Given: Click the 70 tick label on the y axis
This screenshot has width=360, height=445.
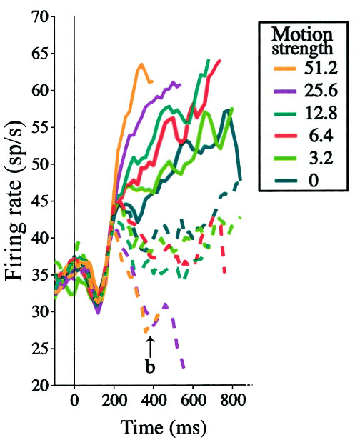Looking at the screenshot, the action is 40,18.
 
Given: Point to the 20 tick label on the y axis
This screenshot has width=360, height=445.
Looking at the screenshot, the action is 40,385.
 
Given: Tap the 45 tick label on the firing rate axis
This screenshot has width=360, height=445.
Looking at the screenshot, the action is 40,201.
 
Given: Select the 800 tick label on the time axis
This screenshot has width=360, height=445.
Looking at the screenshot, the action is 233,401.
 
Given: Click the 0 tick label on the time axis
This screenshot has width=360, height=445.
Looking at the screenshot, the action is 74,401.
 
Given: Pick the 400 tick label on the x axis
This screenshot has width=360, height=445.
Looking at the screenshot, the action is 154,401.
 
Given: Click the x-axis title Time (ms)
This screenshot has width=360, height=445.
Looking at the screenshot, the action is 164,428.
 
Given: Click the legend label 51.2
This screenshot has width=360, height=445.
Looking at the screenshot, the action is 321,68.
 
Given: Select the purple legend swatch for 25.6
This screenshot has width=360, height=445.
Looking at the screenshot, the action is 285,91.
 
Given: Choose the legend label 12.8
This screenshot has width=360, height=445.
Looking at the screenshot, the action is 321,113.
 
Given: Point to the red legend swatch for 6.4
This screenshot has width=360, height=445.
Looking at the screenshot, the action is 285,136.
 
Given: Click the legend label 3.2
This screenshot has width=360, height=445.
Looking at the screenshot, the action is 321,158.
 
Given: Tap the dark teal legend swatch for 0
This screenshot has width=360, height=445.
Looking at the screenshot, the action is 285,181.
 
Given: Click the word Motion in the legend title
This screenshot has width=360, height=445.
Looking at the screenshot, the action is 302,34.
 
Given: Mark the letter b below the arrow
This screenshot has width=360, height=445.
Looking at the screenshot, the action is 150,366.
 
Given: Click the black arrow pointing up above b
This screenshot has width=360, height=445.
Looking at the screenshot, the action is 151,347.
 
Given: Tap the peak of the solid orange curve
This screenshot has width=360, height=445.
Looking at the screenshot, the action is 141,64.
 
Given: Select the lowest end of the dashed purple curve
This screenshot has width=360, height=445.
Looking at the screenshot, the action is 184,367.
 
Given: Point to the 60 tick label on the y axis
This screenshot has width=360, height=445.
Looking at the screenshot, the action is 40,91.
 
